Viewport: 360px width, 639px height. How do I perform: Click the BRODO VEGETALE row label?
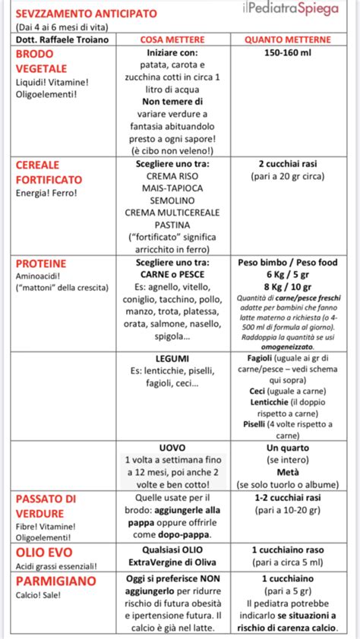42,61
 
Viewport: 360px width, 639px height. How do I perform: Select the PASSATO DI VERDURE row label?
46,505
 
